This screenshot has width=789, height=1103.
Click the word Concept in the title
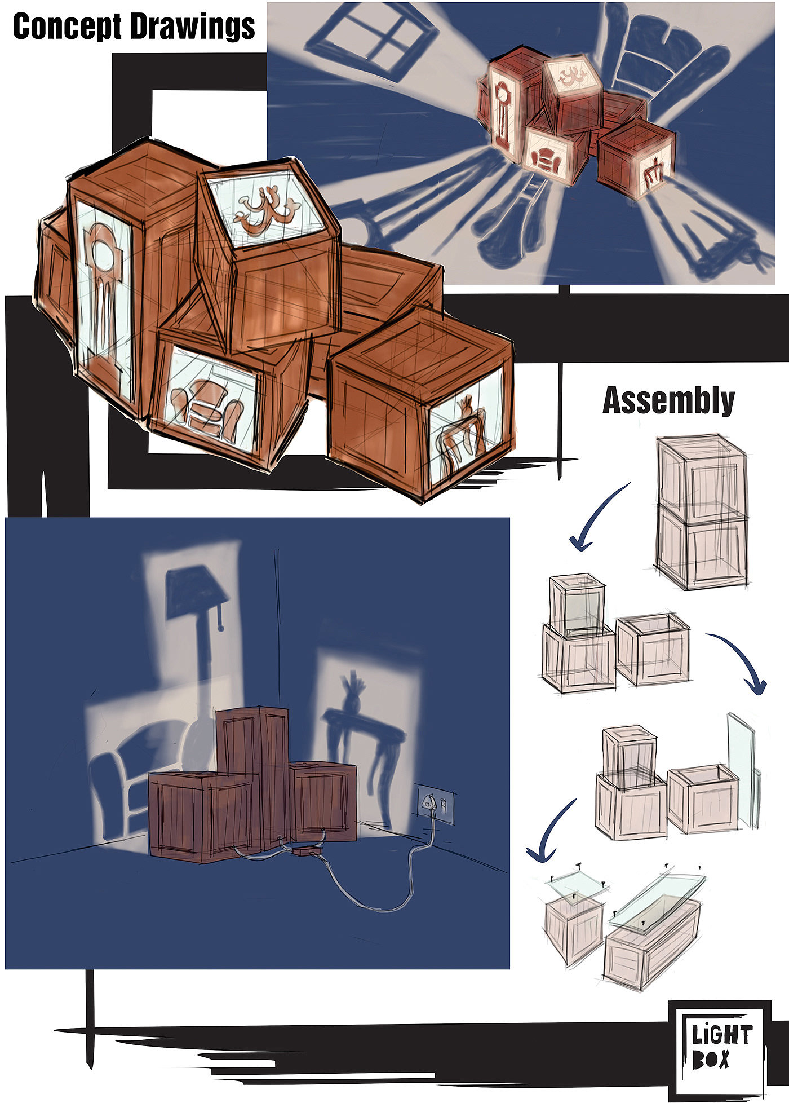[x=67, y=27]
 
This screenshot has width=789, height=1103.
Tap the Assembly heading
[x=668, y=400]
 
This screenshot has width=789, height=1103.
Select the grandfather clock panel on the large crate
[x=104, y=305]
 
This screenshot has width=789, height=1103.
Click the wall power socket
[x=435, y=804]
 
